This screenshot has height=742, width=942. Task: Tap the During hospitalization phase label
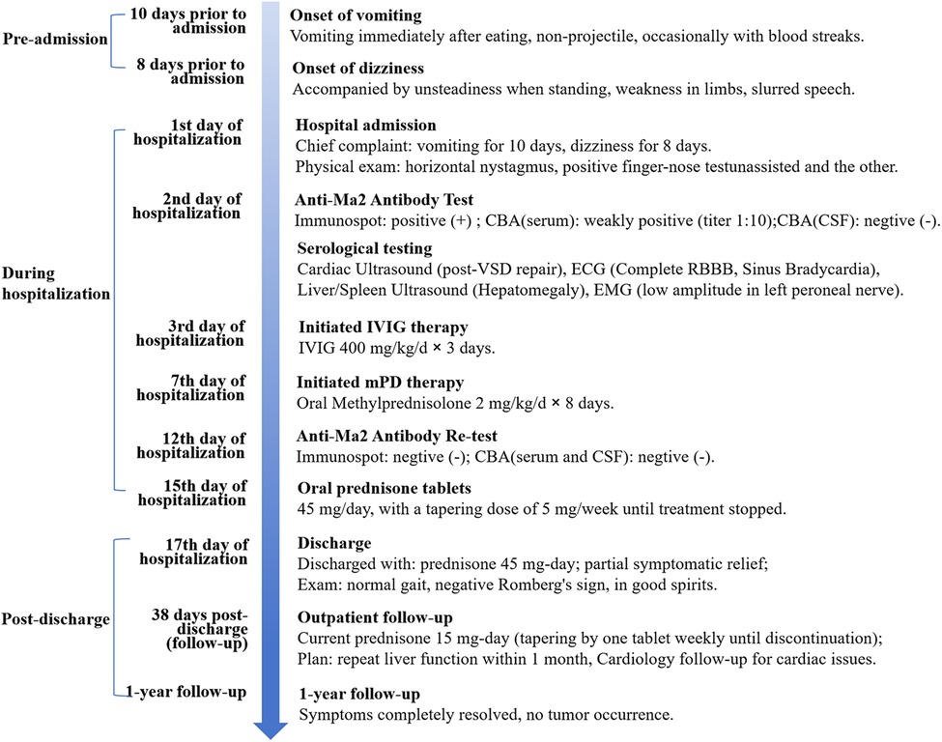54,279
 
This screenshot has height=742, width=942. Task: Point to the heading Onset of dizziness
359,69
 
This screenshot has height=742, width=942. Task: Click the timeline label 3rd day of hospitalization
190,333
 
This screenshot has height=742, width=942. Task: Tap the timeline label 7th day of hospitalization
190,386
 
